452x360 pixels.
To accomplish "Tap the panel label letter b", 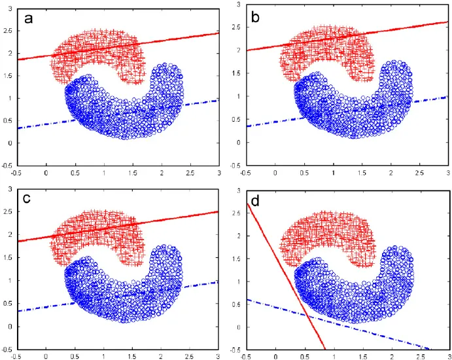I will tap(256, 18).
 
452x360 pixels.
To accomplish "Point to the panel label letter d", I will tap(256, 200).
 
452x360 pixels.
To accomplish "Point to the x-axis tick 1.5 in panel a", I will tap(132, 173).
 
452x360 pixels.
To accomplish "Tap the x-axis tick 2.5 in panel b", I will tap(419, 173).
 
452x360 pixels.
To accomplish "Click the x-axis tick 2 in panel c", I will tap(161, 357).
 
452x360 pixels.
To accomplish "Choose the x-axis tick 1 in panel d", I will tap(334, 357).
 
